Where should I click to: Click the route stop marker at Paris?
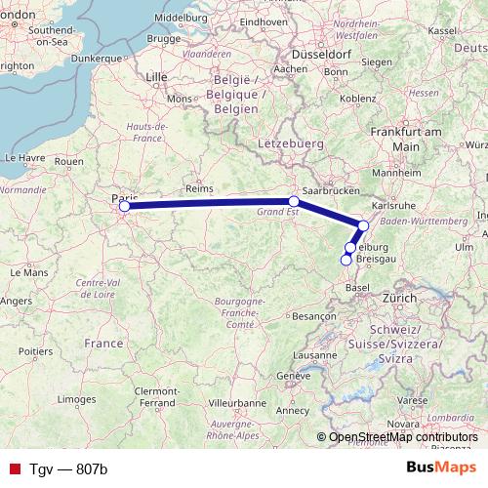click(x=124, y=206)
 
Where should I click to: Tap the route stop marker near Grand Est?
click(x=294, y=201)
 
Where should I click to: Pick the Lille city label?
click(x=156, y=75)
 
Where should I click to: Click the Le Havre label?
click(x=24, y=156)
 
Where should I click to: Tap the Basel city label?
click(x=358, y=289)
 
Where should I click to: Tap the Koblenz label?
click(x=358, y=98)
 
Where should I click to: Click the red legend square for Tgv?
click(x=15, y=468)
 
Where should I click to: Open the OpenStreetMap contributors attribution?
click(x=403, y=437)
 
